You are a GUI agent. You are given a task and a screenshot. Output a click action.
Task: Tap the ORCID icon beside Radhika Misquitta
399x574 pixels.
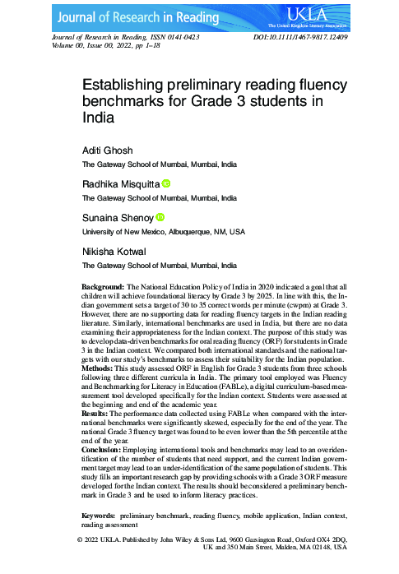click(166, 184)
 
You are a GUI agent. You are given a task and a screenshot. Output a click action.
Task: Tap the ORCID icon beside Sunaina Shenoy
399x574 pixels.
click(160, 217)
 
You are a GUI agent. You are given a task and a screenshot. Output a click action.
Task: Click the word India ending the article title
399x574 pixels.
click(100, 118)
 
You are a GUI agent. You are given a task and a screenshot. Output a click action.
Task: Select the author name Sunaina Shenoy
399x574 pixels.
click(117, 218)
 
